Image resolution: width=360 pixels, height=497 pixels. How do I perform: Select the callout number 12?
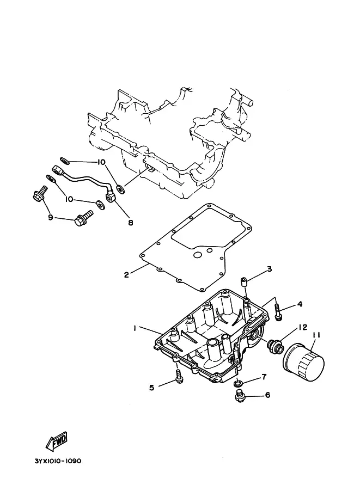click(302, 327)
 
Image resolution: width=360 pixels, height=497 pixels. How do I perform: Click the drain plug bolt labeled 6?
click(239, 398)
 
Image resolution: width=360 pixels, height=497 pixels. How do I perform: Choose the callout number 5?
click(152, 388)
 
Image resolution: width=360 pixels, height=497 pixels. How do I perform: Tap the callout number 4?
click(300, 304)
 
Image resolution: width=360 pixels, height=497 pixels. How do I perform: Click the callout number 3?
click(269, 269)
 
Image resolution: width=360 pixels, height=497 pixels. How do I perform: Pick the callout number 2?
click(126, 275)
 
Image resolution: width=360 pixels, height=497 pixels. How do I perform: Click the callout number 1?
click(134, 328)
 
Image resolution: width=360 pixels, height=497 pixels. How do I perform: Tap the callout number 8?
click(130, 223)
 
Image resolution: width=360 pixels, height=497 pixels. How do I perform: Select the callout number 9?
click(50, 218)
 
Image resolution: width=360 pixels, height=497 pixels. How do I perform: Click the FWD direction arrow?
click(56, 442)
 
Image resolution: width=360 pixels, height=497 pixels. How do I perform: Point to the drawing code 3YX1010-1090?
click(57, 461)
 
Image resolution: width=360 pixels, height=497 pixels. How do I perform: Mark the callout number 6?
click(267, 395)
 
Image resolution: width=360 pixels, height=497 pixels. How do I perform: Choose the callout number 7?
click(264, 377)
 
